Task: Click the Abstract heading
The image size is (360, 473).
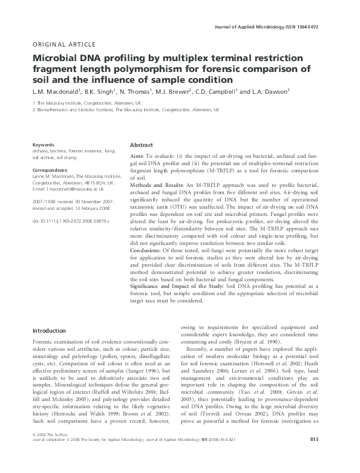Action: pyautogui.click(x=142, y=146)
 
